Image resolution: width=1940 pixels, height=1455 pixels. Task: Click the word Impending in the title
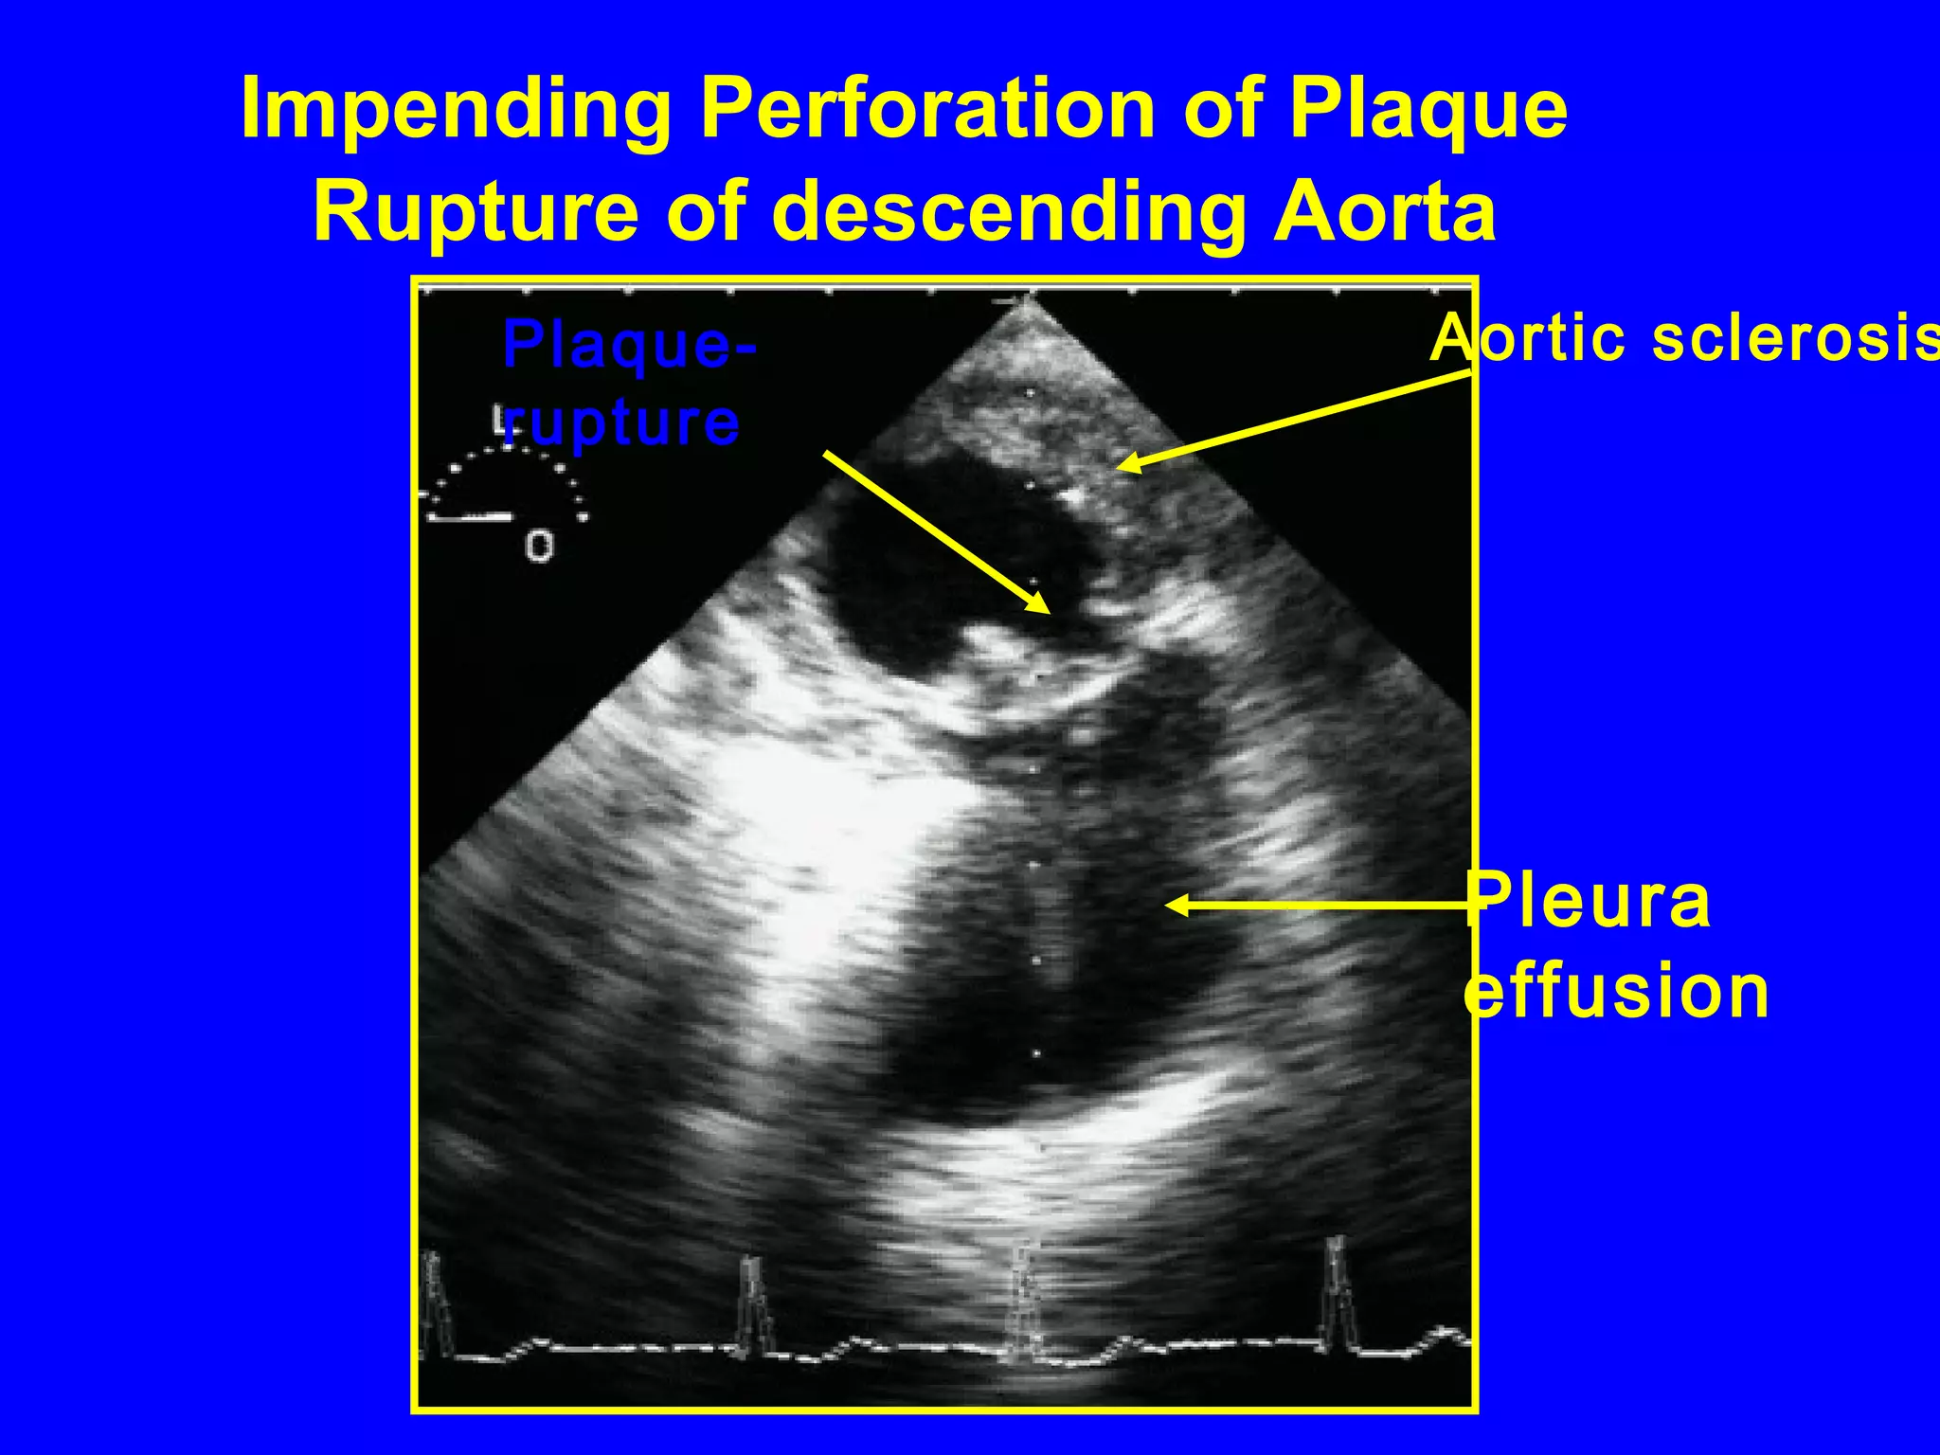click(x=456, y=112)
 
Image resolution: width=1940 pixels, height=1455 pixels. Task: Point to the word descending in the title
click(x=1010, y=214)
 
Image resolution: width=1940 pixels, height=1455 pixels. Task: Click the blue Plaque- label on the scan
click(x=629, y=345)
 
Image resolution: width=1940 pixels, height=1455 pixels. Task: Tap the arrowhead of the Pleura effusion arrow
click(x=1172, y=907)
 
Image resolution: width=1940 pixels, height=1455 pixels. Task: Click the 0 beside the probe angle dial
click(x=539, y=547)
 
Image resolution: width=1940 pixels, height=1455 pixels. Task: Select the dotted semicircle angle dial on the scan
click(x=507, y=483)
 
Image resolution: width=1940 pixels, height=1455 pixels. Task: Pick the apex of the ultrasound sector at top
click(x=1026, y=301)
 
